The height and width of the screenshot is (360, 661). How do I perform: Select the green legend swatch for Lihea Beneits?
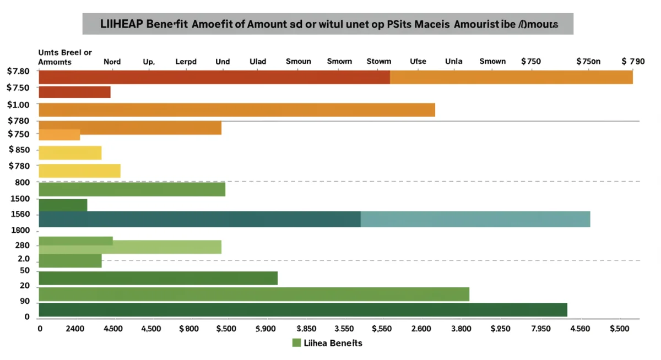(x=297, y=343)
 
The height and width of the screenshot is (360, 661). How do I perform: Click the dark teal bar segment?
(x=199, y=219)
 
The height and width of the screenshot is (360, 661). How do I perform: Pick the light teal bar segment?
(x=475, y=219)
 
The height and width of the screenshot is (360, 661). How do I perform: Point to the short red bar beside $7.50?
(x=74, y=92)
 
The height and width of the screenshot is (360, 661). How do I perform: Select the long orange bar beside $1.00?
(x=237, y=110)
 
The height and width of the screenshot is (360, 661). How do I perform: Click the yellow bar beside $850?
(x=70, y=152)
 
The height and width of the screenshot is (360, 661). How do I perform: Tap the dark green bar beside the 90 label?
(x=302, y=310)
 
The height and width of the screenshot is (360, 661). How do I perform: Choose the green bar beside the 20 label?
(x=253, y=294)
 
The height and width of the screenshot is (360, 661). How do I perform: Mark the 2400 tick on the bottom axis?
(x=75, y=329)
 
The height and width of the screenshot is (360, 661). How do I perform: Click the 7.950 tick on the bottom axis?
(x=540, y=329)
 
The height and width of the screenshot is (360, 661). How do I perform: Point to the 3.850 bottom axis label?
(x=306, y=329)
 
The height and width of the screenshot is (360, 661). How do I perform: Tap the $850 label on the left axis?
(x=19, y=149)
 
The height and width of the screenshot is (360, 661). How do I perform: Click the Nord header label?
(x=112, y=62)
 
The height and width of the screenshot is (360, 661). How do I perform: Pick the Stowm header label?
(x=378, y=62)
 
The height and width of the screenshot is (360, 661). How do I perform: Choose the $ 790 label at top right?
(x=632, y=62)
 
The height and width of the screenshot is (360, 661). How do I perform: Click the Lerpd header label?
(x=186, y=62)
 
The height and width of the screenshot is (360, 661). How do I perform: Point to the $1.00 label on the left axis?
(x=19, y=105)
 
